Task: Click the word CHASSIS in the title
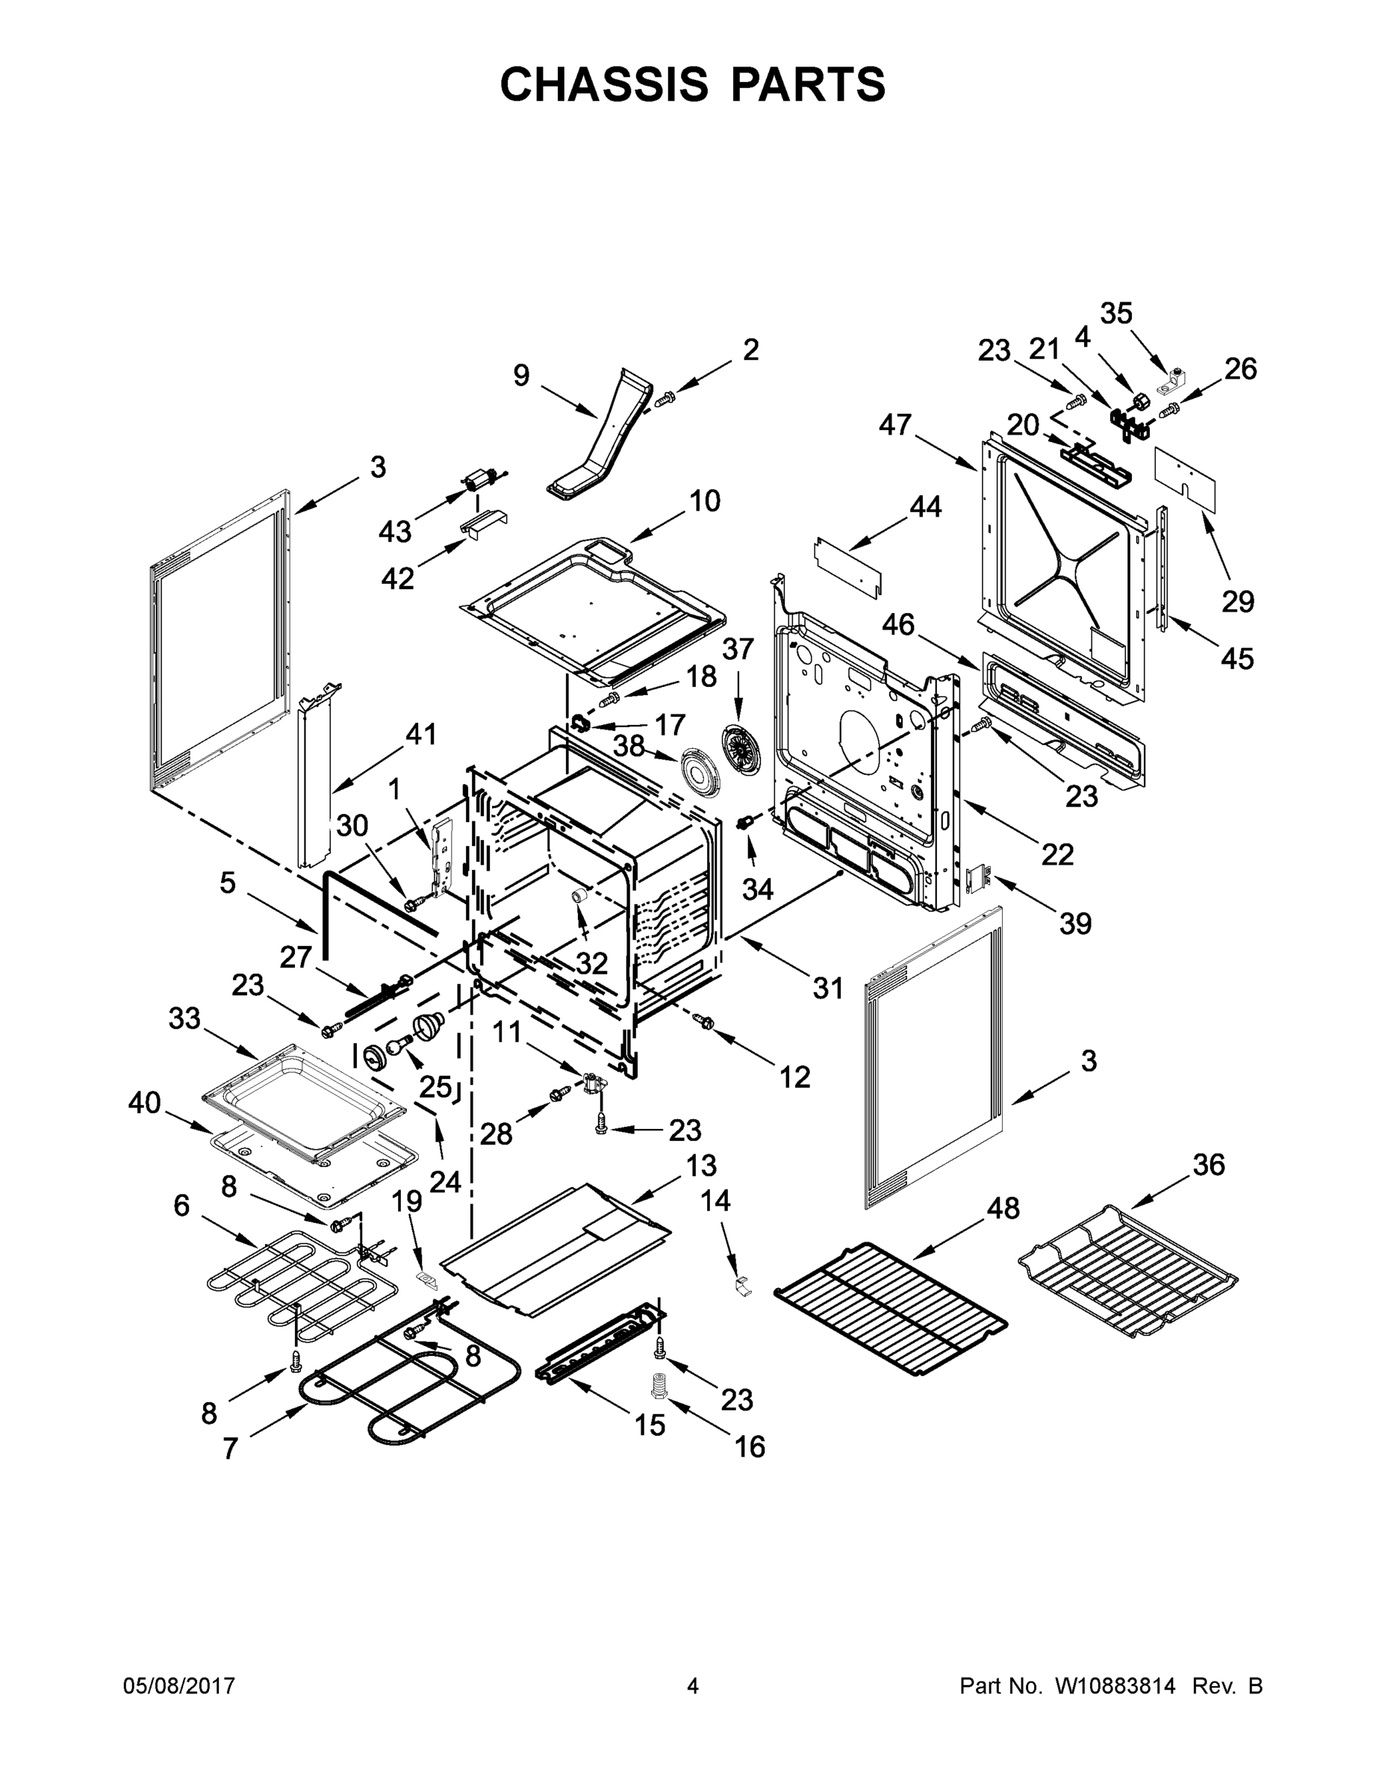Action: [x=604, y=84]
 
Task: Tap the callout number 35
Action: [x=1116, y=314]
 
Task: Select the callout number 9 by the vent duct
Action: [x=522, y=375]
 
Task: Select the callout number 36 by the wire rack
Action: [x=1209, y=1163]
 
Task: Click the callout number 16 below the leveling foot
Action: [x=750, y=1446]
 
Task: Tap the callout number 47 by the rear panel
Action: [x=896, y=424]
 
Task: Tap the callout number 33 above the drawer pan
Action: [x=184, y=1018]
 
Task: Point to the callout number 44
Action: [x=926, y=507]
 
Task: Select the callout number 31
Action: [x=828, y=988]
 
